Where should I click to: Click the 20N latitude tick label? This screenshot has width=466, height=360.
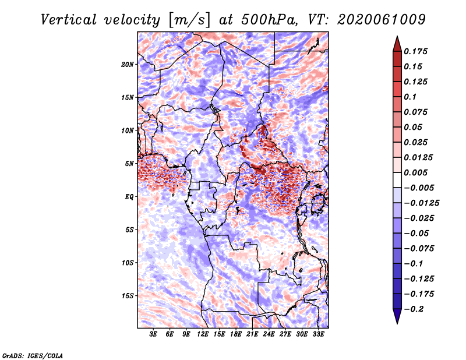128,65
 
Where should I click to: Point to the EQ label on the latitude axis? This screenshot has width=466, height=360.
129,197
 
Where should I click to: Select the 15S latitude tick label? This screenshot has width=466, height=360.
128,296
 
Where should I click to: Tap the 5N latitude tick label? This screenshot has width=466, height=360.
129,164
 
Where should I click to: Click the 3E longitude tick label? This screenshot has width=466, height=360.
153,334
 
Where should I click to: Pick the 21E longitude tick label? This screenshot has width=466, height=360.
252,334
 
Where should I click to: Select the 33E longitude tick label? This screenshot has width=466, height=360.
318,334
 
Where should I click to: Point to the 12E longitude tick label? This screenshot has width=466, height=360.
203,334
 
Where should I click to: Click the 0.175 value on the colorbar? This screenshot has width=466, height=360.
415,51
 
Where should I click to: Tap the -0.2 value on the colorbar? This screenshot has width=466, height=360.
414,309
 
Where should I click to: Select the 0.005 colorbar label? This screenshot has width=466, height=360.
415,172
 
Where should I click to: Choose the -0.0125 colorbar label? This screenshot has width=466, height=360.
421,203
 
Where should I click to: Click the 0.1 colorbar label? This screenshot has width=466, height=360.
410,97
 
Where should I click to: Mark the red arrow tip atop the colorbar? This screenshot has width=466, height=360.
397,37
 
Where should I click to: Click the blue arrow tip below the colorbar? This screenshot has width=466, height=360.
397,323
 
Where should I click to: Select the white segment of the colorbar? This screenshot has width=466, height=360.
397,180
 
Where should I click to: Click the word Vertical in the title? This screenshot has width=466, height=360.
69,20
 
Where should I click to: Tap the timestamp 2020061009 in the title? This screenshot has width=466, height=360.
382,20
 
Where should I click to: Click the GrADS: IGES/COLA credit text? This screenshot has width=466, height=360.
33,355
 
